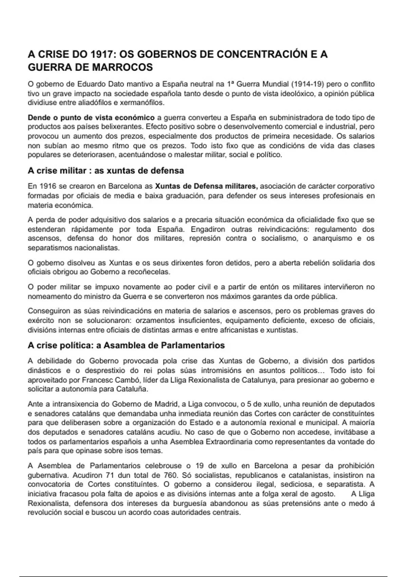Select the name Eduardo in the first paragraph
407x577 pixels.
click(92, 84)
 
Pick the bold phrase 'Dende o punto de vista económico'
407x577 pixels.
click(91, 118)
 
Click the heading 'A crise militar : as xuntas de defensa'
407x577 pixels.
click(106, 171)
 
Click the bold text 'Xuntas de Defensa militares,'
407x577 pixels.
click(207, 186)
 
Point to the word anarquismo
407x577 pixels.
click(333, 238)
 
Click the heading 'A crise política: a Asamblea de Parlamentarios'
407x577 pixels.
click(126, 346)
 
